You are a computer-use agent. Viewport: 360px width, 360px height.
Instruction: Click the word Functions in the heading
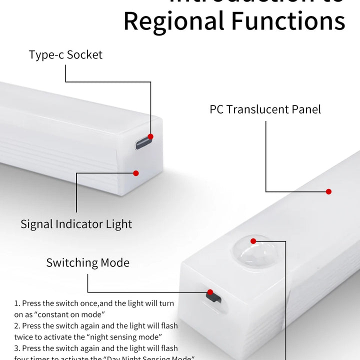[287, 21]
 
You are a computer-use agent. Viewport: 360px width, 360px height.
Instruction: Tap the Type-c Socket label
[65, 54]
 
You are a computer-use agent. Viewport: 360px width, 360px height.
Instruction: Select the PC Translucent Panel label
[265, 109]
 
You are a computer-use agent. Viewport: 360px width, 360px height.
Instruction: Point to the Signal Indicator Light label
[76, 224]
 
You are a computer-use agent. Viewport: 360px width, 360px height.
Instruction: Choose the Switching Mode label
[87, 262]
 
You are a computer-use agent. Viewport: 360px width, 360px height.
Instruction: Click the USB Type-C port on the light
[142, 143]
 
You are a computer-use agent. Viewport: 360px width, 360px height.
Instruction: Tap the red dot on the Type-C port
[150, 136]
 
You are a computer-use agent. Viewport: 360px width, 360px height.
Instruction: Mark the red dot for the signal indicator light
[135, 173]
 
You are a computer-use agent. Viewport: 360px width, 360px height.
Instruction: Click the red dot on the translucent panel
[328, 191]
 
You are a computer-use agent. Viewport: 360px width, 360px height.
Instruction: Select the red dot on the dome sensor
[253, 241]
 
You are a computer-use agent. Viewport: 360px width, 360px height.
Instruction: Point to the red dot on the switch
[210, 292]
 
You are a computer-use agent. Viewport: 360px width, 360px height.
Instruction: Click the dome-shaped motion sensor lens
[255, 252]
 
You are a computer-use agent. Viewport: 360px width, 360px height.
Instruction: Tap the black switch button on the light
[213, 297]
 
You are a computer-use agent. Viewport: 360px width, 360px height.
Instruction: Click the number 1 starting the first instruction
[16, 303]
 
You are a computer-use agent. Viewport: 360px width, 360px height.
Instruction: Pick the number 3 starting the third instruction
[16, 348]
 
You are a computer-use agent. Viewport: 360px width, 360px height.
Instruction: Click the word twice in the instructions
[24, 337]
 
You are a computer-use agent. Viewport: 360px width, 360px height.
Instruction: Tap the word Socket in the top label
[84, 54]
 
